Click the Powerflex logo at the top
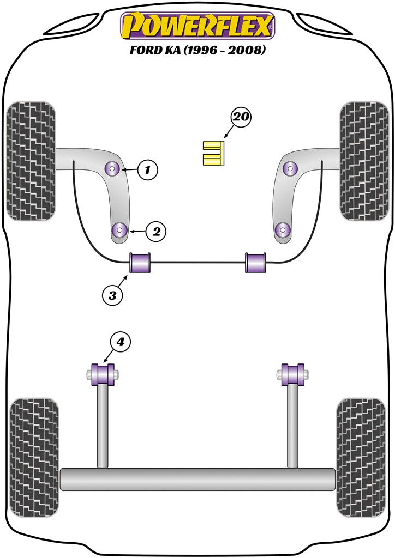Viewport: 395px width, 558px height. pos(197,26)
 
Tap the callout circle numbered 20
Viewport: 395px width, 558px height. pos(241,117)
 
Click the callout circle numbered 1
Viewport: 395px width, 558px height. pos(147,170)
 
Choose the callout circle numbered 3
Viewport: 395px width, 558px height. pos(112,295)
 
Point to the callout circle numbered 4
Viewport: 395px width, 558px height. pos(121,342)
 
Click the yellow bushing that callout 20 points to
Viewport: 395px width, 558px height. pos(213,153)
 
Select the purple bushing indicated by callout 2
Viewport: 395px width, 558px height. pos(119,230)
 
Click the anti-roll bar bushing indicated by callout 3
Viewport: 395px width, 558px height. pos(140,263)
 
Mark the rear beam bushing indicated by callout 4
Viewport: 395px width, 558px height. pos(103,374)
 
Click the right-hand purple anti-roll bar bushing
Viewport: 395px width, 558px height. pos(255,263)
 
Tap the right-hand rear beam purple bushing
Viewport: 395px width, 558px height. pos(293,374)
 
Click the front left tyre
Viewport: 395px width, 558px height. pos(31,161)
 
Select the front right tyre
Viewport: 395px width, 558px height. pos(364,161)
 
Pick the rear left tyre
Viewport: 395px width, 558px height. pos(34,458)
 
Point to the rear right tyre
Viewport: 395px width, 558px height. pos(361,458)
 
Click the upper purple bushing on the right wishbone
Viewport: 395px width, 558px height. pos(291,168)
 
